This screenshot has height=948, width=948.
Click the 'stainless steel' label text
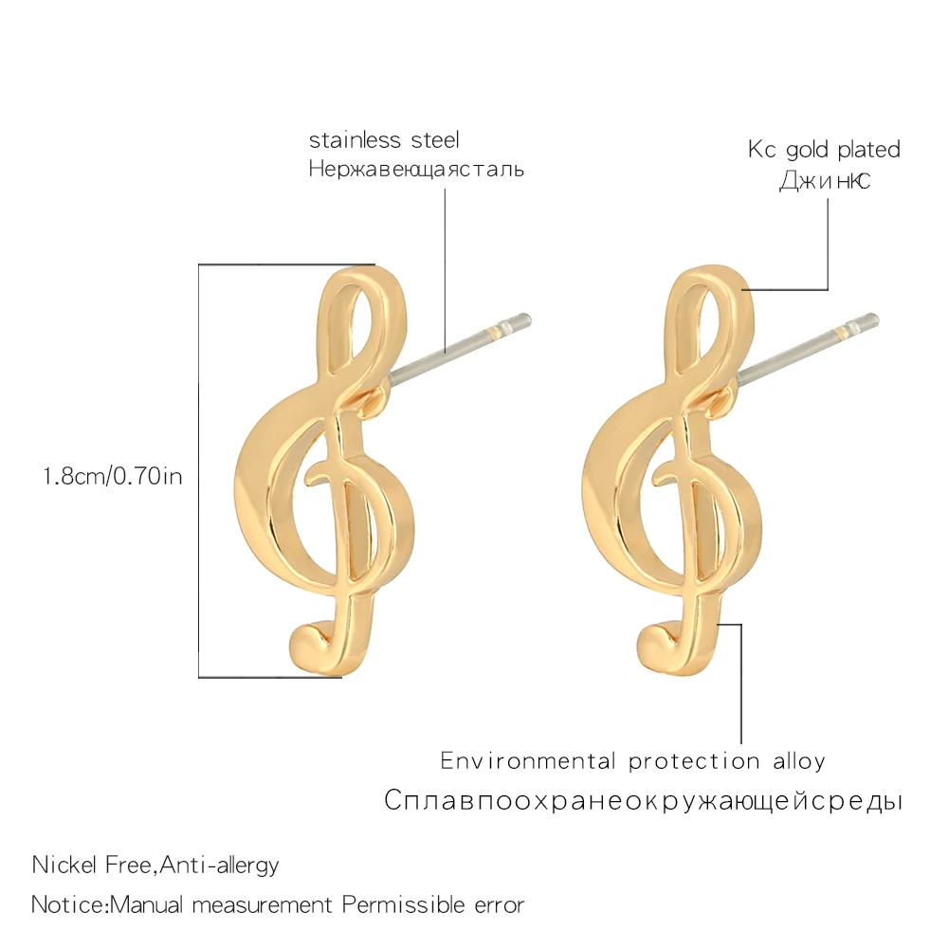point(384,141)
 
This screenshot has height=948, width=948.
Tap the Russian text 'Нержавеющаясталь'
point(416,171)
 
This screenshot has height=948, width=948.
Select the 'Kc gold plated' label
point(824,150)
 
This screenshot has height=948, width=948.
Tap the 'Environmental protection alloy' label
point(632,761)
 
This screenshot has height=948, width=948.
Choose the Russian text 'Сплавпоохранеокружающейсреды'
point(643,801)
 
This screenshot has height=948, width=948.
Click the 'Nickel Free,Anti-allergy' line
point(155,865)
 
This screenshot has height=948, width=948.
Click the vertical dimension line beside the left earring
point(198,474)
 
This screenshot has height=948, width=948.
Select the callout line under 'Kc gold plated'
point(829,246)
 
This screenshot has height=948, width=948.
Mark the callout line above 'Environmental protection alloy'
point(741,683)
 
